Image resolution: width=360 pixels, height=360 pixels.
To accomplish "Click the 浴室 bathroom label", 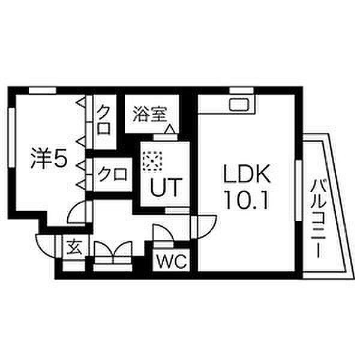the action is coord(150,113).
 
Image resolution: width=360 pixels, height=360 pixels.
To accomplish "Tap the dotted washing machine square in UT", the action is coord(153,160).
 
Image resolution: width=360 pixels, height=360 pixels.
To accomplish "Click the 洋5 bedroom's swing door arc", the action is coord(78,214).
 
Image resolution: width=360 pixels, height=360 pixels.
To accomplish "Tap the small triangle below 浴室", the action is coord(170,129).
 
